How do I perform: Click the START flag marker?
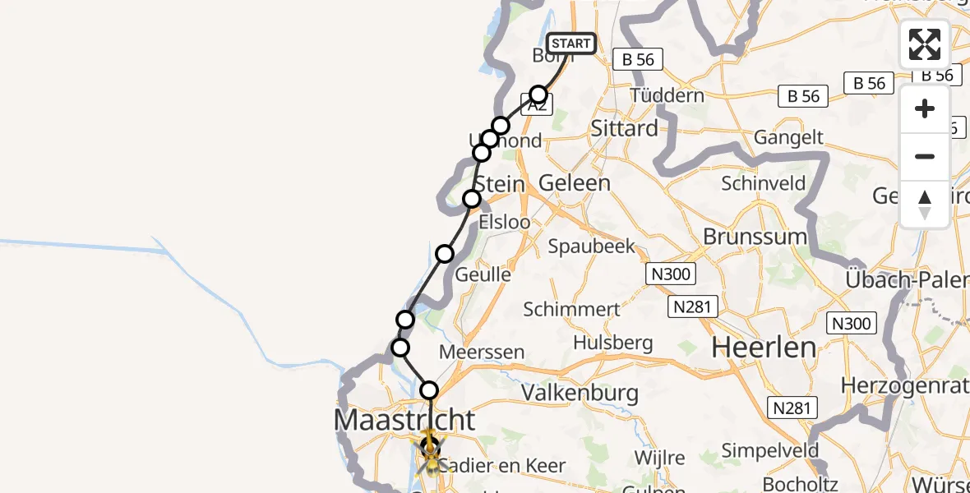(x=570, y=44)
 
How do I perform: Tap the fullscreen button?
(x=925, y=44)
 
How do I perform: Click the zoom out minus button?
(x=925, y=156)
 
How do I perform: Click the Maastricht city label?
(x=404, y=420)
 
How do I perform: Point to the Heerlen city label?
(x=764, y=347)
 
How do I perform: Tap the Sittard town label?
(x=625, y=128)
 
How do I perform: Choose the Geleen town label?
(x=575, y=182)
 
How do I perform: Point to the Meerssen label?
(x=482, y=352)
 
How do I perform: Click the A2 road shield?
(x=536, y=106)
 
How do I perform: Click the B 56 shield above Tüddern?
(x=638, y=59)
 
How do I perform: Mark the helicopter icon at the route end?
(x=431, y=451)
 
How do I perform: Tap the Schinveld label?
(x=764, y=183)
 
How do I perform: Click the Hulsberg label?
(x=613, y=343)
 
